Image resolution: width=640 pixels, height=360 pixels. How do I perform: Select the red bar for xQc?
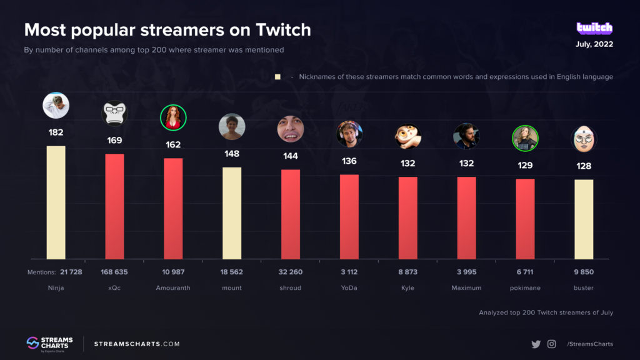pyautogui.click(x=114, y=206)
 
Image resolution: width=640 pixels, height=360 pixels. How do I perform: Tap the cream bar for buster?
pyautogui.click(x=584, y=219)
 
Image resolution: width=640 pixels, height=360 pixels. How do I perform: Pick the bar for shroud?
pyautogui.click(x=291, y=214)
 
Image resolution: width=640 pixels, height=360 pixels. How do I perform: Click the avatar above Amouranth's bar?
pyautogui.click(x=173, y=117)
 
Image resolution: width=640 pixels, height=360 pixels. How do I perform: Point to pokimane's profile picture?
pyautogui.click(x=525, y=138)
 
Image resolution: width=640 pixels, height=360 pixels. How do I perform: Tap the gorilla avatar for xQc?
pyautogui.click(x=114, y=113)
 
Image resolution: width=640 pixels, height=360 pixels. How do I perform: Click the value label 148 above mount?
pyautogui.click(x=232, y=154)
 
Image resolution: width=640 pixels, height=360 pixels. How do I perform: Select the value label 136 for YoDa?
pyautogui.click(x=349, y=161)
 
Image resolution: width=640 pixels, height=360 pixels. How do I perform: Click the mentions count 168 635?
pyautogui.click(x=114, y=272)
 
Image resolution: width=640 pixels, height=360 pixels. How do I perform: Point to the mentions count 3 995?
pyautogui.click(x=466, y=272)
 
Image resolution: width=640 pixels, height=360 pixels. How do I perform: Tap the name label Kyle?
pyautogui.click(x=407, y=288)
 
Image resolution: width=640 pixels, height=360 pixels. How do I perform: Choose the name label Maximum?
pyautogui.click(x=466, y=288)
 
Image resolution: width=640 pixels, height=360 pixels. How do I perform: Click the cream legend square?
pyautogui.click(x=277, y=77)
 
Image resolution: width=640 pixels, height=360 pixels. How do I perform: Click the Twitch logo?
pyautogui.click(x=594, y=29)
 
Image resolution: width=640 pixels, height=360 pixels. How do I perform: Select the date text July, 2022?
pyautogui.click(x=594, y=44)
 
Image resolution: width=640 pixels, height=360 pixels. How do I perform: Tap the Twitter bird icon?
pyautogui.click(x=536, y=344)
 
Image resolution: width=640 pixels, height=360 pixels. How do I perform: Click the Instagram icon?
pyautogui.click(x=551, y=344)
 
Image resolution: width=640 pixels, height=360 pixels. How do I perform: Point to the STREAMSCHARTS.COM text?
pyautogui.click(x=137, y=344)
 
